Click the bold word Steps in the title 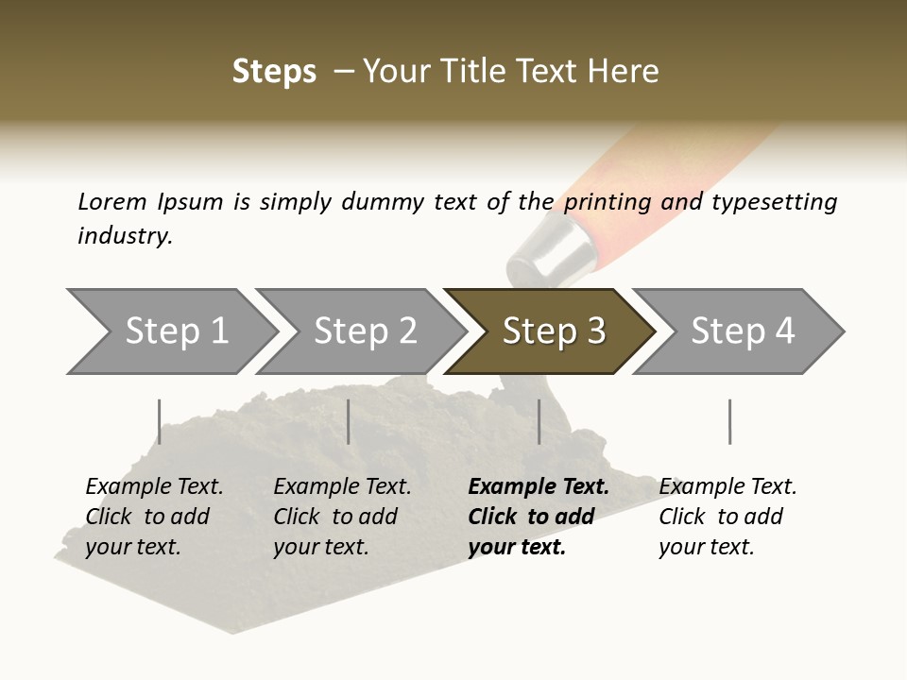[274, 72]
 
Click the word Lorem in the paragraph [112, 201]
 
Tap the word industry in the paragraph [125, 236]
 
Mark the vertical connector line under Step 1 [160, 421]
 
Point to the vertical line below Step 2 [349, 421]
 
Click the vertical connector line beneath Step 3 [539, 421]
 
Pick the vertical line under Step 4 [729, 421]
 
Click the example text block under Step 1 [154, 517]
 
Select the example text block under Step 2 [342, 517]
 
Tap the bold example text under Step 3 [539, 517]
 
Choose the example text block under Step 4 [727, 517]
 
